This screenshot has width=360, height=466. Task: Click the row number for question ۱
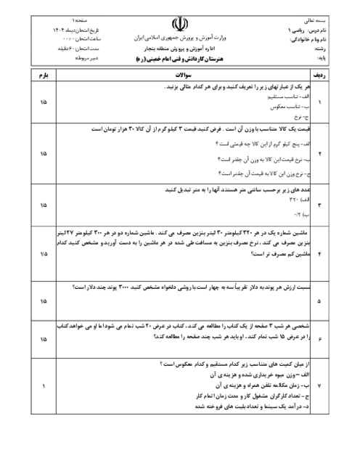click(x=320, y=102)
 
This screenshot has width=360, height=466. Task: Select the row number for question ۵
click(x=320, y=297)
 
